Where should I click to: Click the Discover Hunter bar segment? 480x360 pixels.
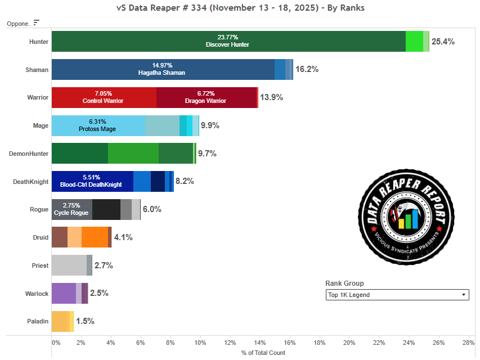tap(228, 42)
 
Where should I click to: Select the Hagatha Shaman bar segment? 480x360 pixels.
tap(163, 69)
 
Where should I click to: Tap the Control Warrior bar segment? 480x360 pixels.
tap(104, 97)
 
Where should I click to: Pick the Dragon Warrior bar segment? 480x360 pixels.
tap(206, 97)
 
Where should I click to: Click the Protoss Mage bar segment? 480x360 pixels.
tap(98, 125)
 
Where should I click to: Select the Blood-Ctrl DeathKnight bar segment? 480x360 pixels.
tap(92, 181)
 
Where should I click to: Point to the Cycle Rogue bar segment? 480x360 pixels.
tap(71, 209)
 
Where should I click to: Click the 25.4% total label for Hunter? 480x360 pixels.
tap(443, 42)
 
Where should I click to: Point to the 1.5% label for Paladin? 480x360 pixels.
tap(85, 321)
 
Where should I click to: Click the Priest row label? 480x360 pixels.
tap(40, 265)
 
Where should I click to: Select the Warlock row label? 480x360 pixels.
tap(37, 294)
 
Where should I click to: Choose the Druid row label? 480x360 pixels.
tap(41, 237)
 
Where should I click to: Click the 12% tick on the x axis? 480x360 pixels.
tap(230, 343)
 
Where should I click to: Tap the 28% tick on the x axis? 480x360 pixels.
tap(468, 343)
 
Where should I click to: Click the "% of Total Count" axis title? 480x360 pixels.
tap(263, 353)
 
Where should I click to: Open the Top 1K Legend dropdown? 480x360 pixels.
tap(397, 295)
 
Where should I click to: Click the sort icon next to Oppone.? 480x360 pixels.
tap(37, 23)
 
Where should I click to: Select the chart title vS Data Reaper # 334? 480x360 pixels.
tap(240, 8)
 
